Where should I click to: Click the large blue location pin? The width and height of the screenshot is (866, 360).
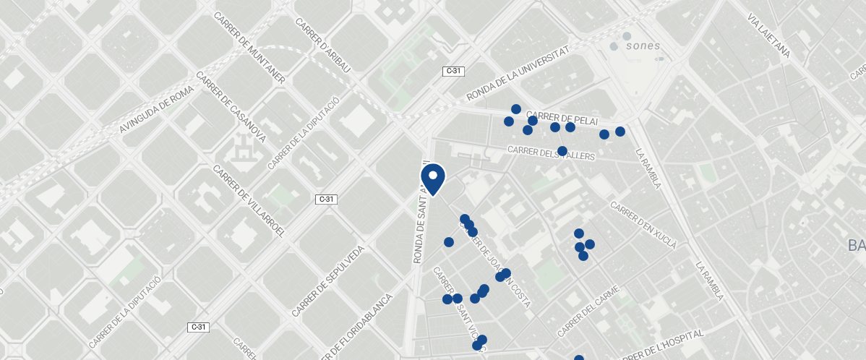click(x=432, y=179)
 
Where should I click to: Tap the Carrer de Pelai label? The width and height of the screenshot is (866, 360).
click(x=560, y=117)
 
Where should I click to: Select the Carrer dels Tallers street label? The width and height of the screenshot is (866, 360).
click(x=551, y=153)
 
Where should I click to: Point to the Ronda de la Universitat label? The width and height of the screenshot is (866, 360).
click(x=518, y=72)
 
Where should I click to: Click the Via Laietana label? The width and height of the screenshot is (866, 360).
click(x=768, y=35)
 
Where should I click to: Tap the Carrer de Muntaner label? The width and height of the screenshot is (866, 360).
click(x=249, y=47)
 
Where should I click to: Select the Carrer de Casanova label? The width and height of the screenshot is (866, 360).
click(x=231, y=108)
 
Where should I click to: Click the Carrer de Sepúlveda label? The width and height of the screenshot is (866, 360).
click(x=327, y=280)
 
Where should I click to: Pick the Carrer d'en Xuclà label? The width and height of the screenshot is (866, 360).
click(x=643, y=225)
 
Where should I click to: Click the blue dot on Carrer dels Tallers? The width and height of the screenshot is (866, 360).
click(x=562, y=150)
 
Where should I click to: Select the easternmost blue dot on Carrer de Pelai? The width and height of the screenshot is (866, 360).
click(x=620, y=131)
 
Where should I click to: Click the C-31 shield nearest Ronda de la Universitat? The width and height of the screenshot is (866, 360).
click(x=453, y=71)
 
